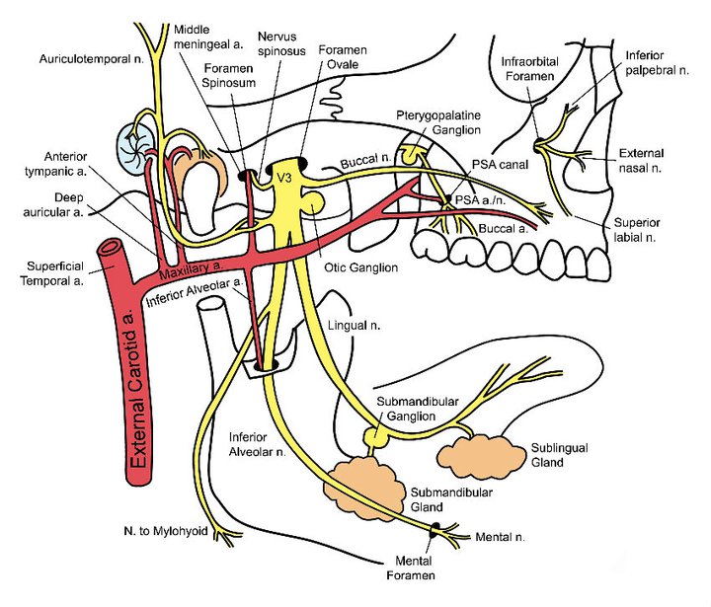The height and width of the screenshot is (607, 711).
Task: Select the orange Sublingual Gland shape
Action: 469,449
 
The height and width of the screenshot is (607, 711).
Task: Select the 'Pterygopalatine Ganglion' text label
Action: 438,122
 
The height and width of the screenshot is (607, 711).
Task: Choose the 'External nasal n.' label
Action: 642,161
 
